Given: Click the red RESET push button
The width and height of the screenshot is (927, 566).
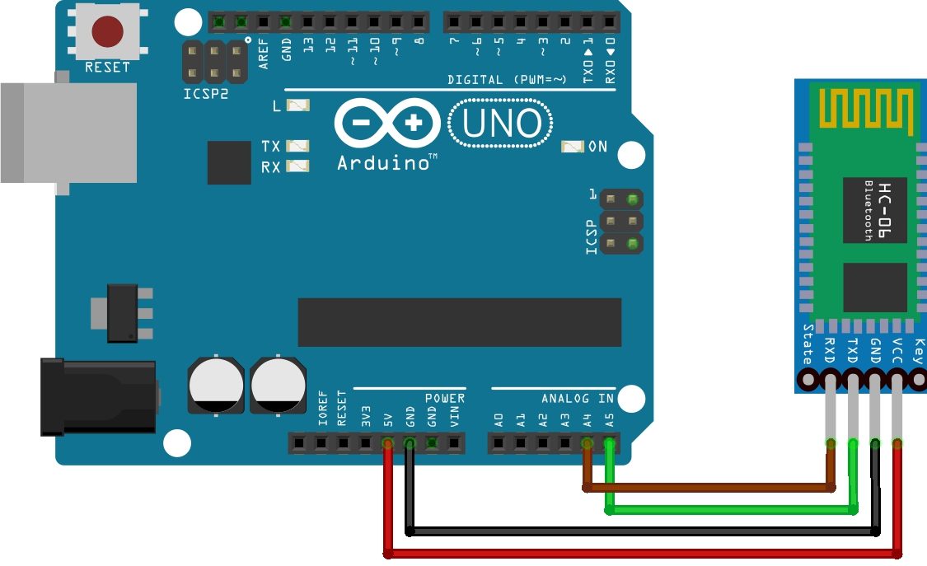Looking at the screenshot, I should [x=107, y=32].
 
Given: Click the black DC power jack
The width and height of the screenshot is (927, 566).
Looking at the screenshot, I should [x=99, y=395].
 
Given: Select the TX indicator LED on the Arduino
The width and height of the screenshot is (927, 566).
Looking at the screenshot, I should [x=297, y=146].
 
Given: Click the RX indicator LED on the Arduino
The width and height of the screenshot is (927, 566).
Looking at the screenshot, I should [x=297, y=166].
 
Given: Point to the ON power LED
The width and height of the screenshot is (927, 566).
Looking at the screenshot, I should [x=572, y=147].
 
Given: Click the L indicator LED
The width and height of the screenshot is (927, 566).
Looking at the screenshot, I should [x=297, y=105].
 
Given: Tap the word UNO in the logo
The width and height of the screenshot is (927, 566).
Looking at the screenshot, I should [x=500, y=124].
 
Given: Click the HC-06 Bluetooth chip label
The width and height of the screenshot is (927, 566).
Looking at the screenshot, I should [x=873, y=209].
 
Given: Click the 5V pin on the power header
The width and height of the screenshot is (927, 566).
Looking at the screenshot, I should [x=387, y=444].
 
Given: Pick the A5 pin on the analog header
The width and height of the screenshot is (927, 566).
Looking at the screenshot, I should [x=609, y=444].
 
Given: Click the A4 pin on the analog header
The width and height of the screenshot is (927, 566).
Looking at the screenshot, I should [x=587, y=444].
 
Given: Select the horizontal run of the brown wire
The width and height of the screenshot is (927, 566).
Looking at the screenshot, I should [x=709, y=488].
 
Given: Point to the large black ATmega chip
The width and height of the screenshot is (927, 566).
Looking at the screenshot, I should [x=459, y=322].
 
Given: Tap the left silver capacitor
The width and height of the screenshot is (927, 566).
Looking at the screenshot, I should [x=216, y=384].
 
